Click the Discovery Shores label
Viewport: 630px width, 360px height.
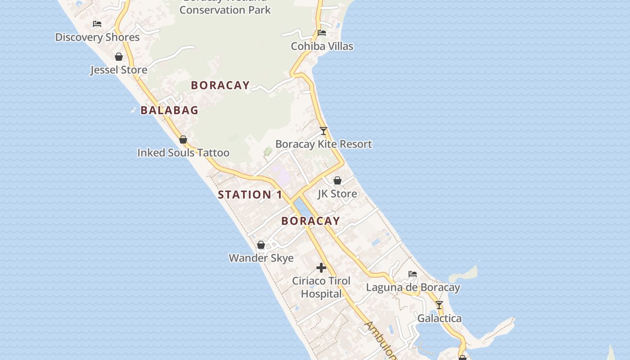[x=97, y=37]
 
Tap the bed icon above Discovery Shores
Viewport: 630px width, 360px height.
[x=97, y=24]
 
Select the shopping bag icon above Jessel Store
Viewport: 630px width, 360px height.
[x=119, y=57]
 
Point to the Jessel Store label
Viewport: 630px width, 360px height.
[x=119, y=70]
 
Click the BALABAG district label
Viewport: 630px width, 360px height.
[x=169, y=110]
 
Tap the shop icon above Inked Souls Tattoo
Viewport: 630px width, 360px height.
[x=183, y=139]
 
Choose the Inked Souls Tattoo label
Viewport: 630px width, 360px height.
[x=183, y=153]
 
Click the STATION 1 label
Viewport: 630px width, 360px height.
[x=250, y=195]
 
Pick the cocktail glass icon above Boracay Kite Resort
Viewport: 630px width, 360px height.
[x=324, y=131]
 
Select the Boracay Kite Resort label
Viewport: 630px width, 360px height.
[x=324, y=144]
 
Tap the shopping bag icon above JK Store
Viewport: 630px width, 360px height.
[x=337, y=180]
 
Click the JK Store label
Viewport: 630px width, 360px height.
[x=337, y=194]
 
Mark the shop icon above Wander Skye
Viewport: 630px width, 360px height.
[x=261, y=245]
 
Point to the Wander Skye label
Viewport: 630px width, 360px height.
[x=261, y=258]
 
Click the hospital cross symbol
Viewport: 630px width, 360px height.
[x=321, y=268]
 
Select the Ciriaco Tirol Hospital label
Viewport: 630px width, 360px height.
[x=321, y=287]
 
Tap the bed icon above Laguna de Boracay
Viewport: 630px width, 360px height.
[x=413, y=274]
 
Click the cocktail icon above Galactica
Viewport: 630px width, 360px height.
[x=439, y=305]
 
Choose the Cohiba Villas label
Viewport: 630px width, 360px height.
[x=322, y=46]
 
